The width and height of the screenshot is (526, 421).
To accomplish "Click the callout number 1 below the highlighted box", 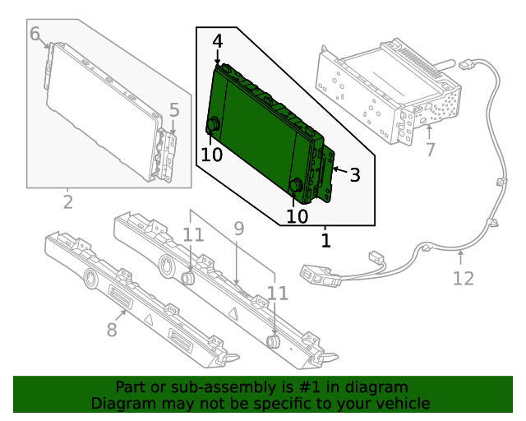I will [x=326, y=241].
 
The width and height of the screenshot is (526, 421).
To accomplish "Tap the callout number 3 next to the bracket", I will [x=355, y=174].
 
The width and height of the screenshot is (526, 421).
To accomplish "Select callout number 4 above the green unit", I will [x=217, y=41].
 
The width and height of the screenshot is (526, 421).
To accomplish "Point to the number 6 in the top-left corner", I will [x=35, y=34].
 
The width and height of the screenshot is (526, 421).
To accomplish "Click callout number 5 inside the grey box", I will [x=173, y=109].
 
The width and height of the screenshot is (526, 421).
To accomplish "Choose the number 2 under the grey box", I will [x=68, y=202].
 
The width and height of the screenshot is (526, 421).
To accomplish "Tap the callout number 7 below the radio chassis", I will [x=429, y=150].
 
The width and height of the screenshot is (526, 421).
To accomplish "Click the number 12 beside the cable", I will [x=464, y=278].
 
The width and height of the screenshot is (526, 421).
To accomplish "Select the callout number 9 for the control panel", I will [x=238, y=229].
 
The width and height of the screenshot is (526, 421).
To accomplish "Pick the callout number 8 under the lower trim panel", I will [x=112, y=330].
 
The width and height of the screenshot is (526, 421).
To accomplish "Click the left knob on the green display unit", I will [x=212, y=125].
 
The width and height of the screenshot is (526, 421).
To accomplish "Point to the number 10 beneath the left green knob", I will [x=211, y=155].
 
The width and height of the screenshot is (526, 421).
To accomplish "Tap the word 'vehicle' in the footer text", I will [x=403, y=403].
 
